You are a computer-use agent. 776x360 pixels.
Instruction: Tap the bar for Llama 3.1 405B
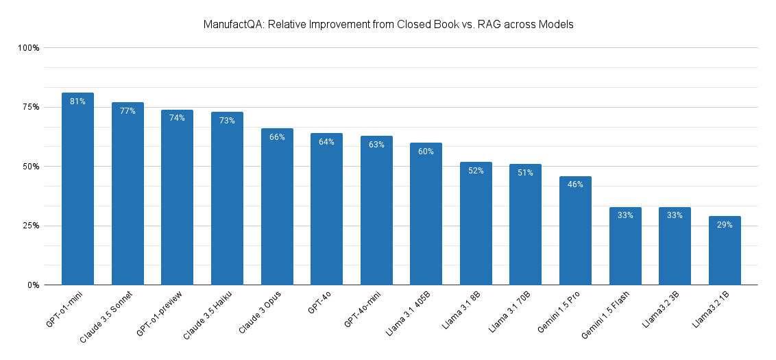click(x=426, y=213)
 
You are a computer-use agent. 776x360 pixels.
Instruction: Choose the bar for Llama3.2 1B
click(x=725, y=250)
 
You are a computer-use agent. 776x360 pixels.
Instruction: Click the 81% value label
click(x=77, y=101)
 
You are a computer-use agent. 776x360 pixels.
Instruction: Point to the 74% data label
click(x=177, y=118)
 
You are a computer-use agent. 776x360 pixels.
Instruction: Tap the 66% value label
click(x=277, y=137)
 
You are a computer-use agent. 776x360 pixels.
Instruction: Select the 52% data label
click(x=476, y=171)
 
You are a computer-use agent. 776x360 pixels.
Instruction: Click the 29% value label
click(x=725, y=225)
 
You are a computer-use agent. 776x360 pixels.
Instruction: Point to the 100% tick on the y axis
click(x=29, y=48)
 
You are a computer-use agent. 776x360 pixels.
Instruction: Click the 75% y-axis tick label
click(x=31, y=107)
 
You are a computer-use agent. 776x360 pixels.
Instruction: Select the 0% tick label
click(x=33, y=285)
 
